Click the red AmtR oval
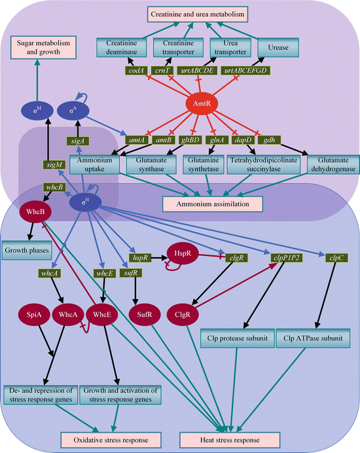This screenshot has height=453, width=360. (x=203, y=103)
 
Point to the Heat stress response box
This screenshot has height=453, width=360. (x=225, y=439)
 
